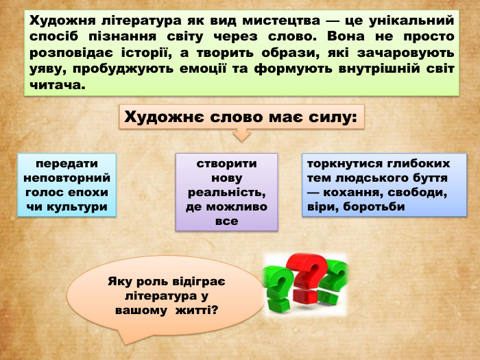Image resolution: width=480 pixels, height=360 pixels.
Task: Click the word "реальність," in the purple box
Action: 227,193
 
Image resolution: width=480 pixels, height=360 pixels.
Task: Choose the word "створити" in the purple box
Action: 227,164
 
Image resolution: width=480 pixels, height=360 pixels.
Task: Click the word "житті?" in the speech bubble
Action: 197,311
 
